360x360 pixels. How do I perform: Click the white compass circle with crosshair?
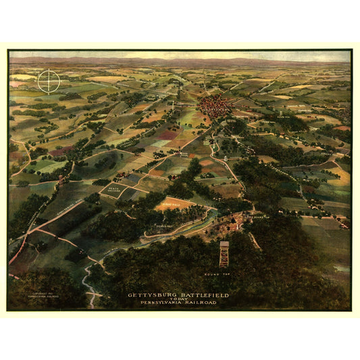[x=49, y=82]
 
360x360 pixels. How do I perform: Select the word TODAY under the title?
[x=178, y=299]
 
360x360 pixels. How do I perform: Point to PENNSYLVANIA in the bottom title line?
[x=161, y=303]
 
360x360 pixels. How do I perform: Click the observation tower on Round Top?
[x=224, y=253]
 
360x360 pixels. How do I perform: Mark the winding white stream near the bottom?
[x=88, y=284]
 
